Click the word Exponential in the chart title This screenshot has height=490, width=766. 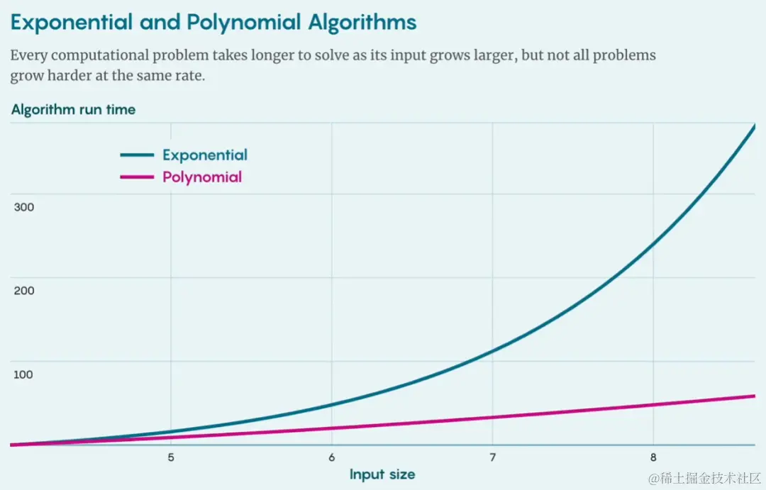click(71, 23)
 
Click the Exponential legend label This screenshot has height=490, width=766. click(205, 155)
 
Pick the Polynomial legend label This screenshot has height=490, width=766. click(202, 177)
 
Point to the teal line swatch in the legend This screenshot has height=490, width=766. click(137, 155)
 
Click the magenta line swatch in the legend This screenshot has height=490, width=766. click(137, 177)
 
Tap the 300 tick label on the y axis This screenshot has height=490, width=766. click(23, 207)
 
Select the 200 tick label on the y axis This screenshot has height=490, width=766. click(23, 291)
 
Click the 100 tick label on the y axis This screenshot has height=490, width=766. click(23, 374)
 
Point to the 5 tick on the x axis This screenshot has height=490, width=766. click(171, 457)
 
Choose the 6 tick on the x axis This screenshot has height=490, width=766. click(332, 457)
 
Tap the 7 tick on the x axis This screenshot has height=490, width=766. click(492, 457)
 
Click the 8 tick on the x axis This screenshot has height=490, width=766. click(653, 457)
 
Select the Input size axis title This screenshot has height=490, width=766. click(382, 474)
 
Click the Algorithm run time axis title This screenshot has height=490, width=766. click(73, 110)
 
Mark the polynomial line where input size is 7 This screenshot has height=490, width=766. click(492, 417)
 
